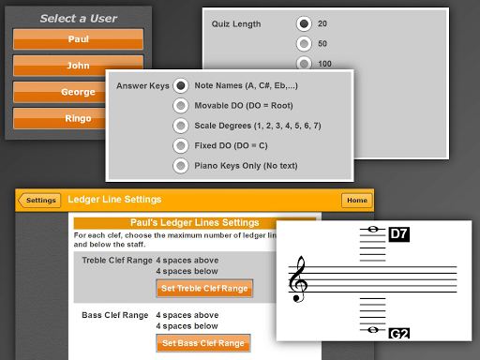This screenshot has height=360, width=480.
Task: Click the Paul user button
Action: coord(78,39)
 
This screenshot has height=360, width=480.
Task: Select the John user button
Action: coord(78,66)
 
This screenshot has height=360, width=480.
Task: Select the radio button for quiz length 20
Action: coord(304,23)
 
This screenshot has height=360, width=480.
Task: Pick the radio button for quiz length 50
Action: coord(304,44)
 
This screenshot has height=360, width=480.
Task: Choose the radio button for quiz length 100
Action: coord(304,63)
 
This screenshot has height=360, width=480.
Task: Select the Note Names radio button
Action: coord(181,85)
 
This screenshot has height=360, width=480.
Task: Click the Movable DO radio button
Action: coord(181,106)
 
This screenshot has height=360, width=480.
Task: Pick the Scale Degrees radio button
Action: coord(181,126)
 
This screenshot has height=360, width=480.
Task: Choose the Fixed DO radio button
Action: coord(181,145)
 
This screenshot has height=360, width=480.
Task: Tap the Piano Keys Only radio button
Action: coord(181,166)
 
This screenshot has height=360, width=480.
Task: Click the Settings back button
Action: coord(39,201)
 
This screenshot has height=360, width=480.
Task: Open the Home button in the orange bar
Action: coord(357,201)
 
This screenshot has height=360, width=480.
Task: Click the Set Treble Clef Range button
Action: coord(204,289)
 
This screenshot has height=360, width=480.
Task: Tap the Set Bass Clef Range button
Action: coord(203,343)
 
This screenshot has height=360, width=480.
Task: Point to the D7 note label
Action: coord(399,234)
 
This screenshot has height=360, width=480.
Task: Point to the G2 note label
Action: coord(399,334)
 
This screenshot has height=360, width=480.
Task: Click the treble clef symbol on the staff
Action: coord(298,279)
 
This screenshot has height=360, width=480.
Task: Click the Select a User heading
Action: coord(79,19)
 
